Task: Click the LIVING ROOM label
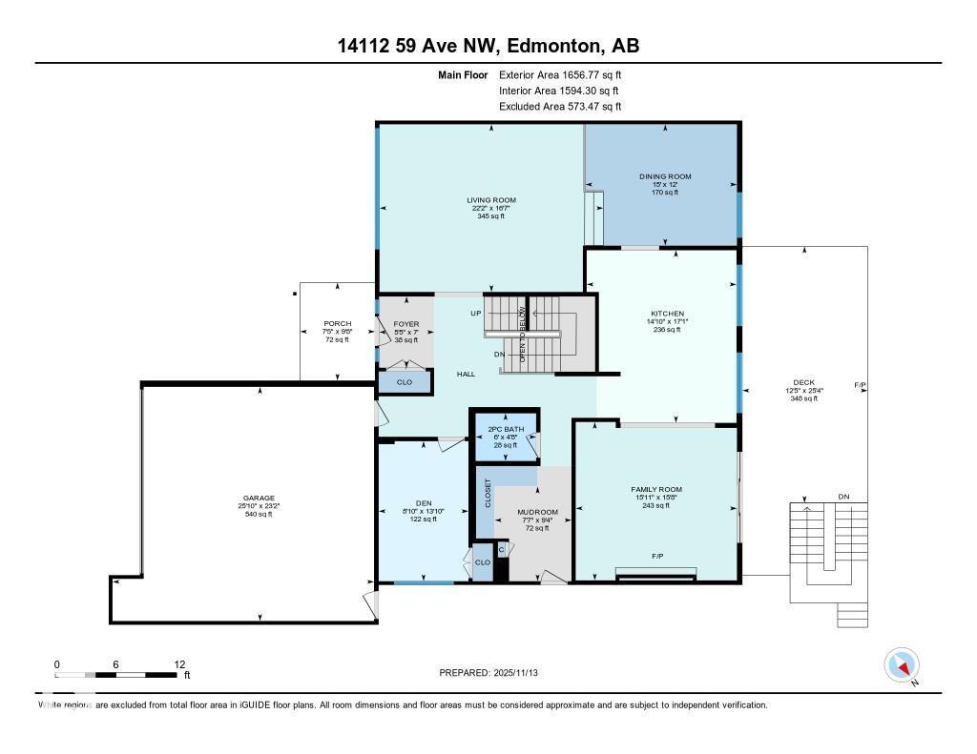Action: [x=491, y=200]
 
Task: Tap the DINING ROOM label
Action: [x=665, y=176]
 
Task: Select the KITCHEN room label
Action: [x=668, y=314]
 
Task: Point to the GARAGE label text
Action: [x=259, y=498]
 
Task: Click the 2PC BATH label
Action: [x=507, y=429]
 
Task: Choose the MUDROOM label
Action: [x=537, y=512]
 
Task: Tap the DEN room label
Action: [x=424, y=503]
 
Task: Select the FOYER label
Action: [x=406, y=324]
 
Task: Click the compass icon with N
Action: [x=902, y=664]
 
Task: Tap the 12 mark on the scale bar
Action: [x=178, y=664]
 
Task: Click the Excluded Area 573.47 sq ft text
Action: [x=560, y=107]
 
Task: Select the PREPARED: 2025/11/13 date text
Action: [x=495, y=673]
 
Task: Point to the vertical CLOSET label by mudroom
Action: [x=488, y=492]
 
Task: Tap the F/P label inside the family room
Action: [x=657, y=555]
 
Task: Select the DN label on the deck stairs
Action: [x=843, y=497]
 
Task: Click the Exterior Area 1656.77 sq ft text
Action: [x=560, y=74]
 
